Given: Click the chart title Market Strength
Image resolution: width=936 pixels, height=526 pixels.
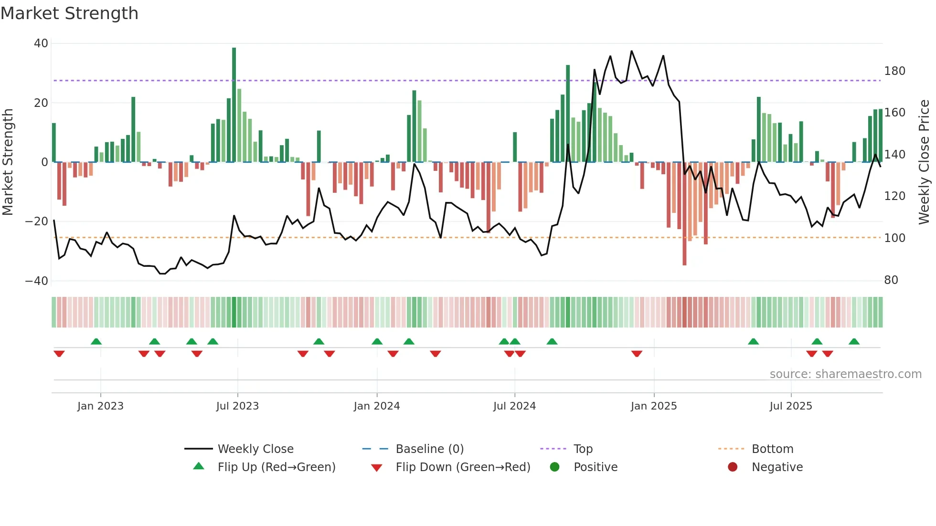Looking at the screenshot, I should tap(69, 13).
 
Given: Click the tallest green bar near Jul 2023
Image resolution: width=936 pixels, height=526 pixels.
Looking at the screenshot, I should tap(234, 105).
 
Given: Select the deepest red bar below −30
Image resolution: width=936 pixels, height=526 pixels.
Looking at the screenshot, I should tap(684, 215).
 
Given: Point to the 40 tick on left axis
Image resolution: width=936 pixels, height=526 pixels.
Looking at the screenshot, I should tap(41, 43).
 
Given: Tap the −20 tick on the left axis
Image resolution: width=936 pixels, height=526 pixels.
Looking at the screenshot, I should tap(37, 221).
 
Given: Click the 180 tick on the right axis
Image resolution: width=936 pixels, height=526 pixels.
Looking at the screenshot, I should tap(894, 71).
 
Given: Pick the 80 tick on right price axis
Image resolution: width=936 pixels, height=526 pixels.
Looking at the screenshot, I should tap(891, 280).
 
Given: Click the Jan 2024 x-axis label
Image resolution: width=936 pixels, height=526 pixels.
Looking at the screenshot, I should tap(377, 406).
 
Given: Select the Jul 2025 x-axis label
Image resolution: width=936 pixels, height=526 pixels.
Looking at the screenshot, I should tap(791, 406).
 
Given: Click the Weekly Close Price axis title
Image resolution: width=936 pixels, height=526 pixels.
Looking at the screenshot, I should tap(925, 162).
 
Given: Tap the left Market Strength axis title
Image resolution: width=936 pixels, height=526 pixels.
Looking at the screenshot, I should tap(8, 162).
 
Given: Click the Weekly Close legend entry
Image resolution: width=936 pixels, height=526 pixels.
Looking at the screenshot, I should tap(255, 449).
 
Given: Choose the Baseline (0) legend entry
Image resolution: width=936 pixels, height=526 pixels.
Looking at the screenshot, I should tap(429, 449).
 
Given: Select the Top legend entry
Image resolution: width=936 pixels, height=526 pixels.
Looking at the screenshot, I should tap(583, 449).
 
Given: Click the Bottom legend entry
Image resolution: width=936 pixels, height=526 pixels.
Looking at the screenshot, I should tap(772, 449).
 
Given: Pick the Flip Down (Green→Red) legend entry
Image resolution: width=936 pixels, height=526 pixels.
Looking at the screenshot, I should tap(463, 467).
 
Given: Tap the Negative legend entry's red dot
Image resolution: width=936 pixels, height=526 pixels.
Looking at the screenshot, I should tap(733, 467).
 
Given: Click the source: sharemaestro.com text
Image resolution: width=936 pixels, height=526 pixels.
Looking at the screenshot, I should tap(845, 374).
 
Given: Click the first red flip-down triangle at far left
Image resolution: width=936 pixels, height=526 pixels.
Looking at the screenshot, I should tap(59, 354).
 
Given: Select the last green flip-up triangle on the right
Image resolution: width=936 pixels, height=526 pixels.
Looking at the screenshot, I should tap(854, 341).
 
